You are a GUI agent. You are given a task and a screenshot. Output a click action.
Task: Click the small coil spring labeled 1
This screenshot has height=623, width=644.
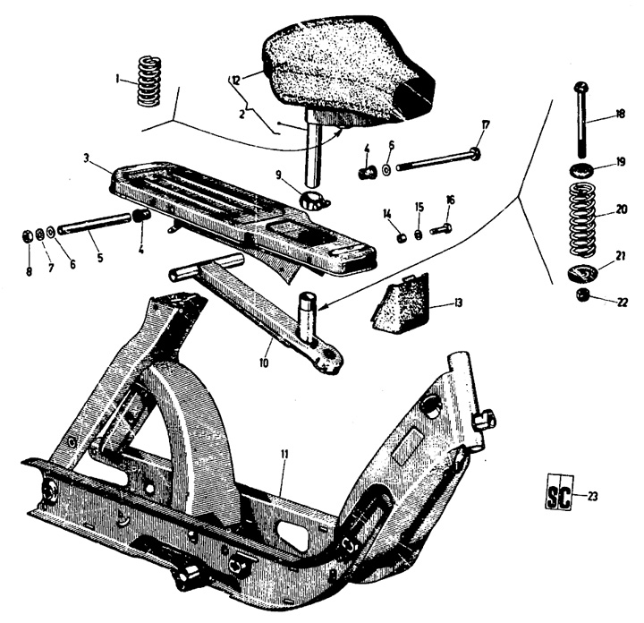[148, 81]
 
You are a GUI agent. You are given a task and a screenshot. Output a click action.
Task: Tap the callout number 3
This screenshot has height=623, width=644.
[87, 158]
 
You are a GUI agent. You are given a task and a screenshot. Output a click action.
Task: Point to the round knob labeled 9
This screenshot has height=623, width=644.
[312, 200]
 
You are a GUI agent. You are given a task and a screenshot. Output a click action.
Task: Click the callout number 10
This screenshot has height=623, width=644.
[264, 363]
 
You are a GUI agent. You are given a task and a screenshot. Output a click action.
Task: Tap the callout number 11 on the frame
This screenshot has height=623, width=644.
[284, 454]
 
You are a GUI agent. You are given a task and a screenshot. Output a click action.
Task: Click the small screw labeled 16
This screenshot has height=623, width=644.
[442, 229]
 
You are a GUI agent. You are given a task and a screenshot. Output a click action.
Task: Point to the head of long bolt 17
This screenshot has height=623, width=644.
[477, 154]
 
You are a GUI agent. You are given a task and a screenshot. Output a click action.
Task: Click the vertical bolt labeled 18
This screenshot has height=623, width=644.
[580, 120]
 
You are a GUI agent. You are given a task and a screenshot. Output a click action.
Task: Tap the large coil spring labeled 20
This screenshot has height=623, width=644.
[583, 218]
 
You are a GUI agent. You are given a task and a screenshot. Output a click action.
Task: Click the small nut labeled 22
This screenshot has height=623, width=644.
[583, 294]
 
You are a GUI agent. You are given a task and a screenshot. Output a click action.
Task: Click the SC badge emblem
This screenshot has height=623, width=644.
[558, 491]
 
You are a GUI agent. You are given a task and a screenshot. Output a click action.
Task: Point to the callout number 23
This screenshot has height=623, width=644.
[593, 496]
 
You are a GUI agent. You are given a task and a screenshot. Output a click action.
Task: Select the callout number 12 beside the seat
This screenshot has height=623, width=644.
[235, 81]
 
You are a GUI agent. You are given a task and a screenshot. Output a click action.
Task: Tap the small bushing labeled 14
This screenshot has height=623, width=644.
[402, 237]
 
